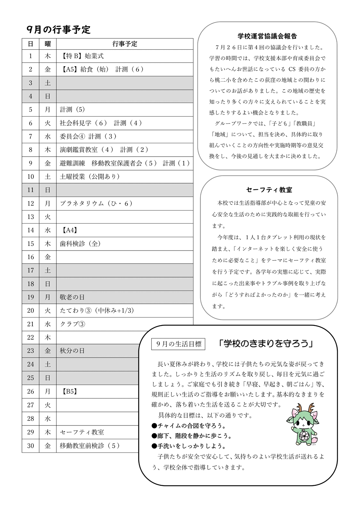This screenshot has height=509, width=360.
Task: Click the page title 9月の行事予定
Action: point(59,30)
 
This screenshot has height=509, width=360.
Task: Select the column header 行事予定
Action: point(125,44)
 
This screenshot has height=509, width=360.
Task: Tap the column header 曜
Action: point(48,44)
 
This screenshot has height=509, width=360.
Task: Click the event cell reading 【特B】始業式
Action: point(83,56)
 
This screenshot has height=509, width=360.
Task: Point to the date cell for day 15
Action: point(31,244)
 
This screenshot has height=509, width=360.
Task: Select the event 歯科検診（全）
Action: point(80,244)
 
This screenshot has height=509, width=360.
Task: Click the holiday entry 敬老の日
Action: point(72,297)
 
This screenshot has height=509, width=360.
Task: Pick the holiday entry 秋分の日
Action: point(72,351)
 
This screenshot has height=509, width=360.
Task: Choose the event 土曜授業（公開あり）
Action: point(90,176)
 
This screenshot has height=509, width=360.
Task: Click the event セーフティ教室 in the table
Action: point(82,432)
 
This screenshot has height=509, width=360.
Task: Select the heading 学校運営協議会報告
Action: point(267,36)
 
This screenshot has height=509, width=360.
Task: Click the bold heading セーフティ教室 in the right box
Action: point(269,190)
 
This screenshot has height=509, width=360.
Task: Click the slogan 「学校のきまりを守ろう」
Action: point(266,344)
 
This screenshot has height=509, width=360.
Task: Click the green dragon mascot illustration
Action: point(301,424)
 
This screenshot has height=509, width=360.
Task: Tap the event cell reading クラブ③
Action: point(72,324)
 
